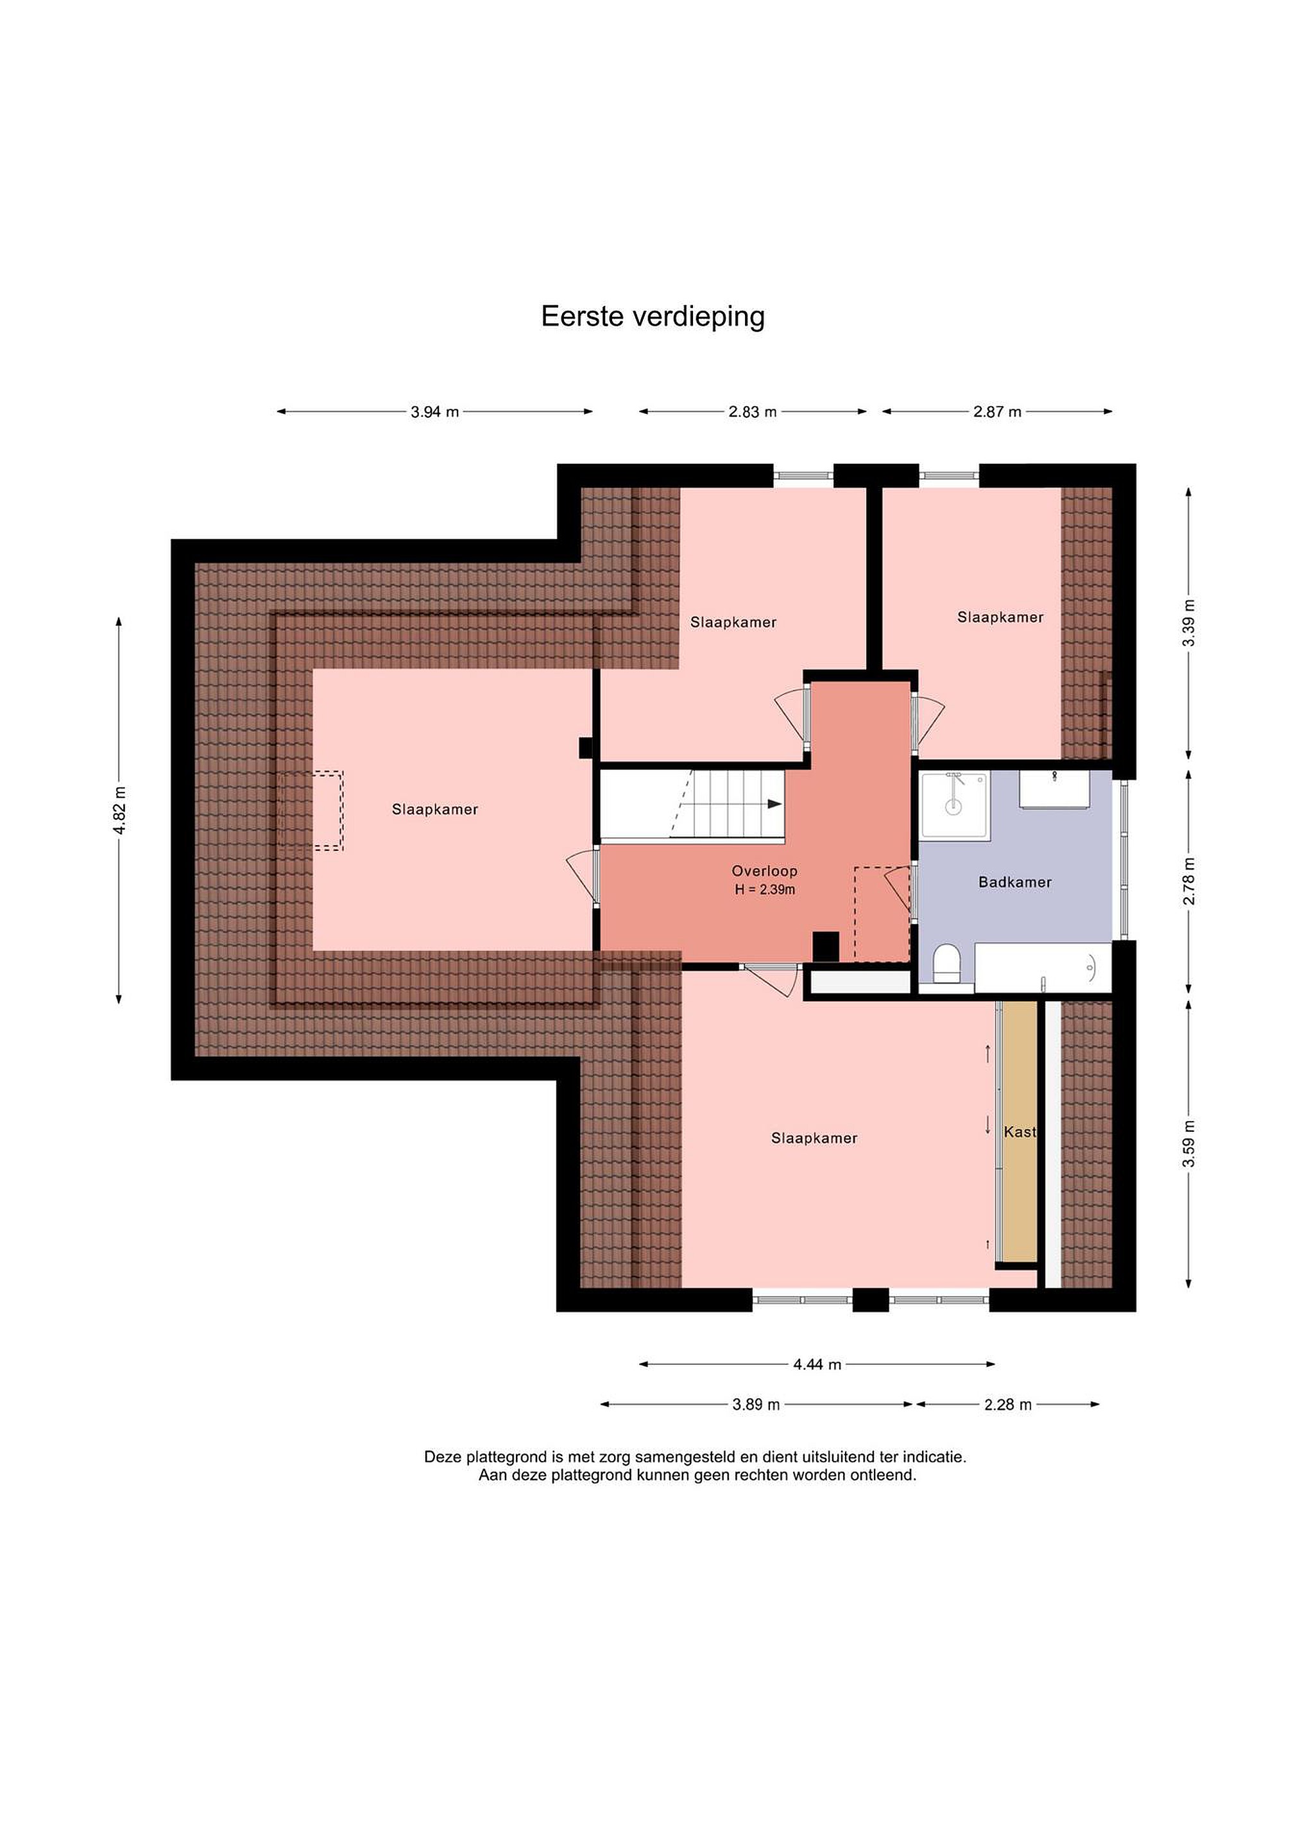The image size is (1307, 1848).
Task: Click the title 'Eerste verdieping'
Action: pyautogui.click(x=653, y=317)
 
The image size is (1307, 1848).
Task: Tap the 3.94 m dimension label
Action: pyautogui.click(x=434, y=412)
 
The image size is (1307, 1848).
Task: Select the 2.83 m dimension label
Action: pyautogui.click(x=753, y=412)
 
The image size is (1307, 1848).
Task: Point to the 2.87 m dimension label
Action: pyautogui.click(x=997, y=412)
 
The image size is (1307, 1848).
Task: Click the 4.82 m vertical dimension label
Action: pyautogui.click(x=119, y=810)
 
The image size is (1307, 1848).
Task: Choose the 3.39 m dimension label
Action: pyautogui.click(x=1189, y=623)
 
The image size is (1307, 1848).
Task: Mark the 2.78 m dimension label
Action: pyautogui.click(x=1189, y=882)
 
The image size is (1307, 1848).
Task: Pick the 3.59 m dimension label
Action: pyautogui.click(x=1189, y=1143)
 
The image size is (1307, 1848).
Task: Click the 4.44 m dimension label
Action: pyautogui.click(x=817, y=1364)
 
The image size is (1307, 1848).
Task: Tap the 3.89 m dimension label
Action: pyautogui.click(x=756, y=1405)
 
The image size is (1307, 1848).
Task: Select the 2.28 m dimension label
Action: pyautogui.click(x=1007, y=1405)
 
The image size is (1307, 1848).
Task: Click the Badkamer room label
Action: pyautogui.click(x=1015, y=882)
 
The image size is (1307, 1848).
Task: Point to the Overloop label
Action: pyautogui.click(x=765, y=871)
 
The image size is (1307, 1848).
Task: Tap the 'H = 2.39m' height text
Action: pyautogui.click(x=765, y=889)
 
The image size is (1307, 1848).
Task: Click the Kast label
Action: pyautogui.click(x=1020, y=1132)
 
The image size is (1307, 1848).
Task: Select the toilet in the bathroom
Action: pyautogui.click(x=946, y=963)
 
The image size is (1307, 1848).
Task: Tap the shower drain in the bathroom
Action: pyautogui.click(x=953, y=806)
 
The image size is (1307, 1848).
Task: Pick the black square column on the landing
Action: pyautogui.click(x=826, y=946)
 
